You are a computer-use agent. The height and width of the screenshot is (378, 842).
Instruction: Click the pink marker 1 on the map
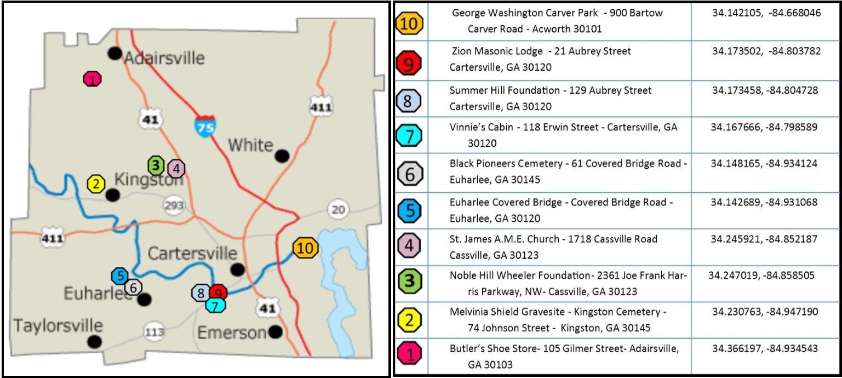93,79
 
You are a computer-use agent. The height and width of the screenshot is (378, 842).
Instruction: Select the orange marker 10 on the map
306,248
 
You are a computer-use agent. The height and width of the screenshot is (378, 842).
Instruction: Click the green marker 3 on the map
156,164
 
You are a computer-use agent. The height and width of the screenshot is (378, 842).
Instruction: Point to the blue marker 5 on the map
120,276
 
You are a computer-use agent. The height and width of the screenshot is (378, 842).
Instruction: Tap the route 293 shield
174,205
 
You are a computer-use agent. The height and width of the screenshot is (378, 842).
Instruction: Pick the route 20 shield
338,209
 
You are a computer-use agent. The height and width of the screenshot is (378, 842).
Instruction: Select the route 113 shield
154,331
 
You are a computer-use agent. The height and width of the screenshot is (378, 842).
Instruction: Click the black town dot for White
282,156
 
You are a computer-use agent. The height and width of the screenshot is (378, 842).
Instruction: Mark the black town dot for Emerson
276,331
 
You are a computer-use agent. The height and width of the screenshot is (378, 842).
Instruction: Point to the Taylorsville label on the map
58,325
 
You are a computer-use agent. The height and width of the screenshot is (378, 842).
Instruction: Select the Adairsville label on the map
164,58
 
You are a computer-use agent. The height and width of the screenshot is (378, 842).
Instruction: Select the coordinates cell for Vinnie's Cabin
764,127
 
